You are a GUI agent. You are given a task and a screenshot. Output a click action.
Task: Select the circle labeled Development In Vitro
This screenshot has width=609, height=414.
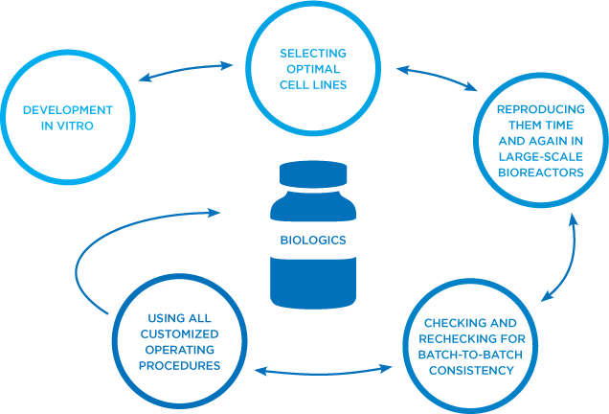point(59,118)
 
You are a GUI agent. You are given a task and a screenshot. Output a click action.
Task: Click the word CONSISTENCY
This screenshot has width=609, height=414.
point(469,371)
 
